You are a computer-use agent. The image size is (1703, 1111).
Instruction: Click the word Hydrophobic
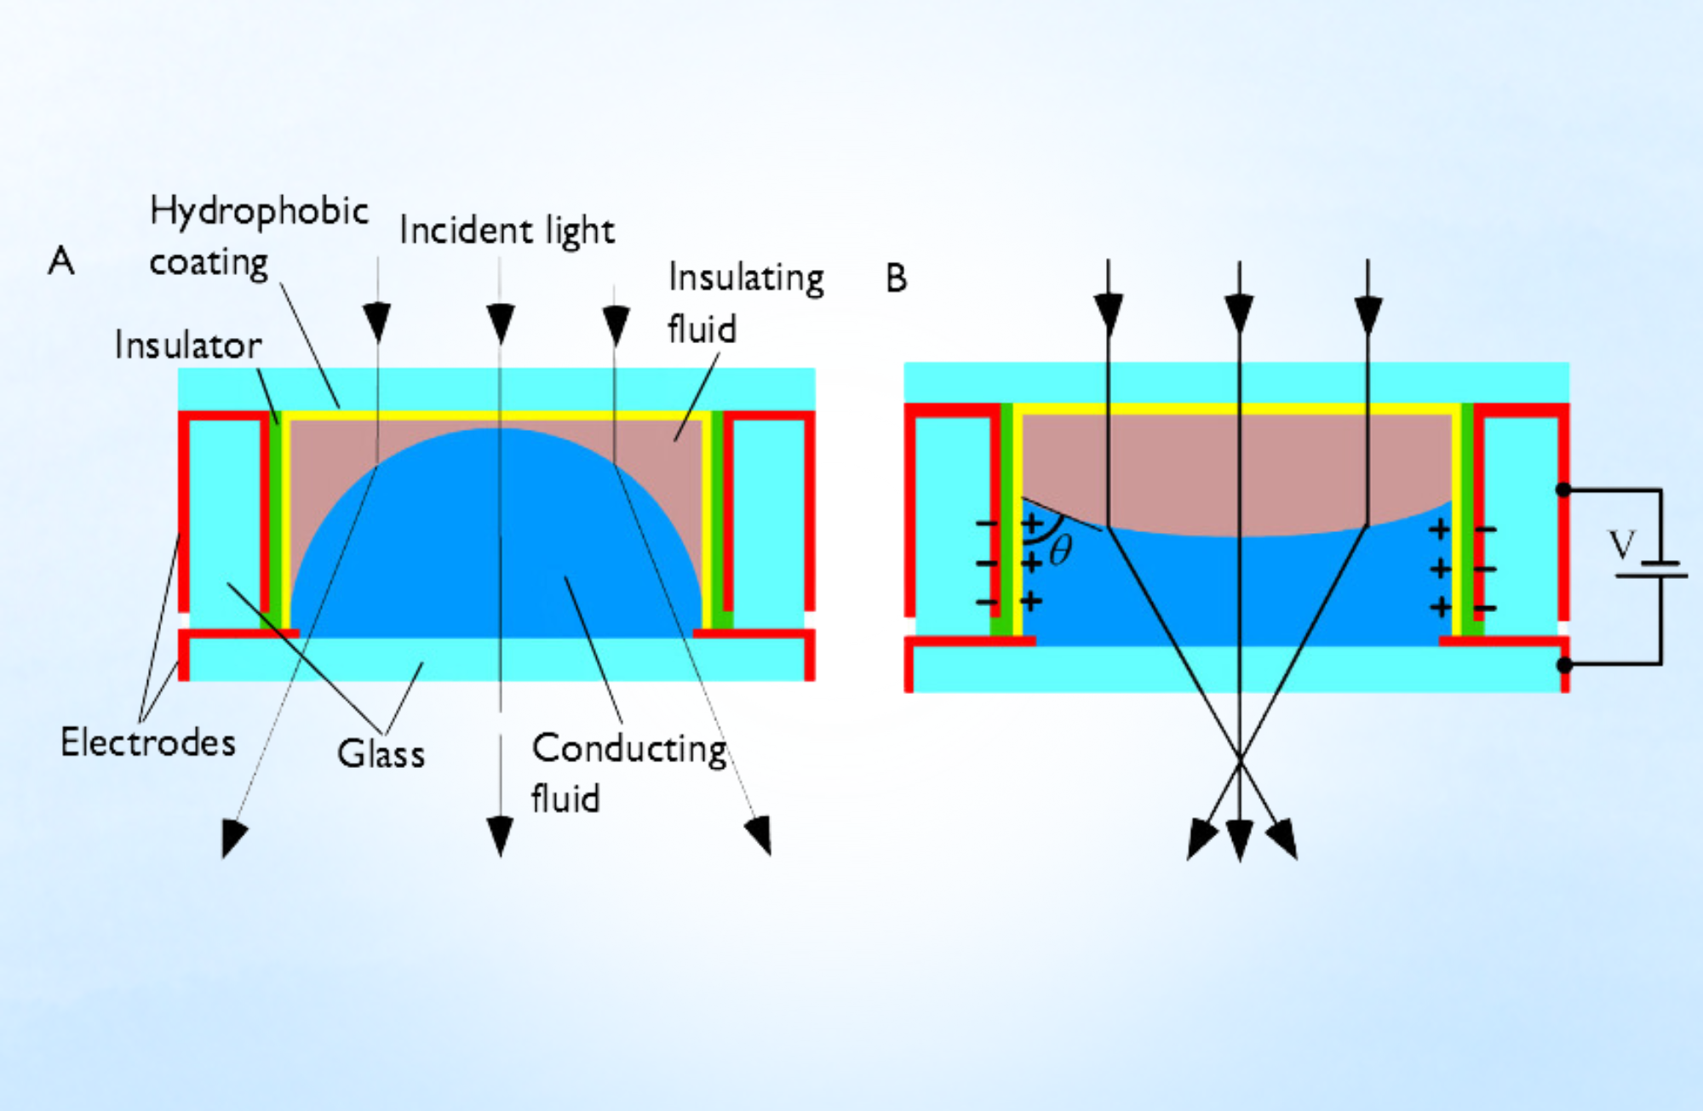[x=259, y=212]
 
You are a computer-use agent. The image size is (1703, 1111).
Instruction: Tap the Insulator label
[x=188, y=346]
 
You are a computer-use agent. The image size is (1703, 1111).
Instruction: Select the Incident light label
[x=507, y=231]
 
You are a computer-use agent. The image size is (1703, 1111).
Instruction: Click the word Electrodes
[x=148, y=742]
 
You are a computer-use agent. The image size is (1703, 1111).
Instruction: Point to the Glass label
[x=381, y=754]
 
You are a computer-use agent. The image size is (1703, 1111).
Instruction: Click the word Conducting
[x=629, y=749]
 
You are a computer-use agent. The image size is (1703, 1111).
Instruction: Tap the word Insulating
[x=746, y=278]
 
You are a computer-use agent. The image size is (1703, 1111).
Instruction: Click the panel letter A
[x=61, y=261]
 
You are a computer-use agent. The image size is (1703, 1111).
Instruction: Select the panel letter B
[x=896, y=278]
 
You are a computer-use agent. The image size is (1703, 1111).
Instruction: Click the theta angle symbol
[x=1060, y=551]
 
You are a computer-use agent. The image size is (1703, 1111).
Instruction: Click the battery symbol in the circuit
[x=1653, y=570]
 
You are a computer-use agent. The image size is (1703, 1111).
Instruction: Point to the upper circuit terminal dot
[x=1563, y=490]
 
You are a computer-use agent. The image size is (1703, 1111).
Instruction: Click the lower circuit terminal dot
[x=1564, y=665]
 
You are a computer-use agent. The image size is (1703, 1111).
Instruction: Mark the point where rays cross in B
[x=1239, y=757]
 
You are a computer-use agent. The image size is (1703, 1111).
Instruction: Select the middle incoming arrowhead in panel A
[x=501, y=321]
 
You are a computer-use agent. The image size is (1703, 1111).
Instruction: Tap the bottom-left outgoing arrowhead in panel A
[x=232, y=837]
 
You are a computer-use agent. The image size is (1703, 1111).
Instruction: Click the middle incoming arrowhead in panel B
[x=1239, y=313]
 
